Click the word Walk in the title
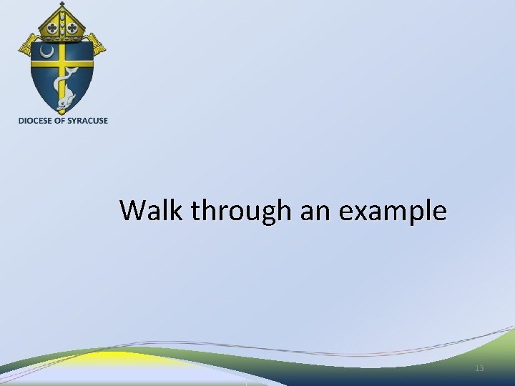[x=144, y=211]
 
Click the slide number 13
[x=479, y=368]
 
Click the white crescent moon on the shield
[x=46, y=52]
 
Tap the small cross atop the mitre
[x=62, y=5]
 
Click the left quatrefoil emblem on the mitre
[x=51, y=29]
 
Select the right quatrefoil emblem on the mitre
[x=72, y=29]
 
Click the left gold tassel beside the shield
[x=26, y=47]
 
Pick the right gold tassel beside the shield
[x=97, y=47]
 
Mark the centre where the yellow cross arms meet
[x=62, y=63]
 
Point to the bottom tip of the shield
[x=62, y=114]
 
